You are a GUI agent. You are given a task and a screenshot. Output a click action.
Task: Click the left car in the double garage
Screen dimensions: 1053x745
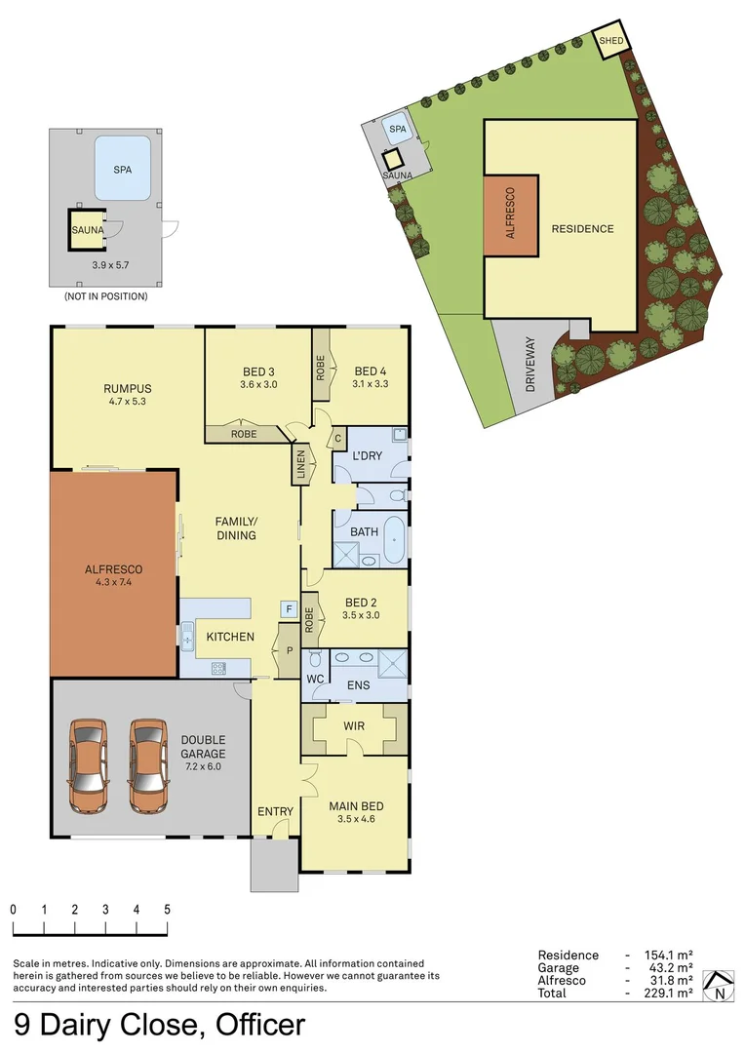88,765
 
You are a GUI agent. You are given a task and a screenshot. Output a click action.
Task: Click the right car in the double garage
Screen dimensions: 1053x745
148,765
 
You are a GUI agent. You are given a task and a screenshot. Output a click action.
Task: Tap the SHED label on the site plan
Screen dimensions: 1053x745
610,41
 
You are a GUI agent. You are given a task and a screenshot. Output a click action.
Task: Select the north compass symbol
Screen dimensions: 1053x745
720,987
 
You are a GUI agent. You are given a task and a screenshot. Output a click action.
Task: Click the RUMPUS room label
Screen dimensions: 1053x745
128,388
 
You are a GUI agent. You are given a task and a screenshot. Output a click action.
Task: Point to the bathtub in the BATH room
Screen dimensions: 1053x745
395,541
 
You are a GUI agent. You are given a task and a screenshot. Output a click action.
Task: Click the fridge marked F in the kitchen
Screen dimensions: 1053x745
288,609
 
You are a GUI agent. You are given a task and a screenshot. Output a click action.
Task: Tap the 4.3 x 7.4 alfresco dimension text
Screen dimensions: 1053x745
114,582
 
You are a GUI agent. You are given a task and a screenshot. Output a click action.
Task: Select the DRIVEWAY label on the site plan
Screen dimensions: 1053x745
530,364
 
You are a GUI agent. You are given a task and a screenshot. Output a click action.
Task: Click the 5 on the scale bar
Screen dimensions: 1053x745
167,909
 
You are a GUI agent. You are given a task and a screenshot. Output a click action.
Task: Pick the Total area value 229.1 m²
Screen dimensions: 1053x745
668,993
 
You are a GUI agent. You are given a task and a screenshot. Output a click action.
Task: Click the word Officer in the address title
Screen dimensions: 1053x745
254,1026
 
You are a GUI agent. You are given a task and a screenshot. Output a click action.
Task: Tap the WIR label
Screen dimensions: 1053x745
354,726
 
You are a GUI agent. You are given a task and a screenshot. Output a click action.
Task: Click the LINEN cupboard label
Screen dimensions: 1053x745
300,465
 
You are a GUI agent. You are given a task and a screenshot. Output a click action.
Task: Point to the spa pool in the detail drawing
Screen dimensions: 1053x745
122,169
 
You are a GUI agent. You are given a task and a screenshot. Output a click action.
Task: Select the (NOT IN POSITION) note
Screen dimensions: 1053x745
105,295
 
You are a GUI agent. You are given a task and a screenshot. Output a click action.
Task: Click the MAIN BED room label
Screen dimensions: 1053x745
355,806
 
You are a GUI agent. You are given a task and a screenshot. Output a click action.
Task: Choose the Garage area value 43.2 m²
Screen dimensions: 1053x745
668,968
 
